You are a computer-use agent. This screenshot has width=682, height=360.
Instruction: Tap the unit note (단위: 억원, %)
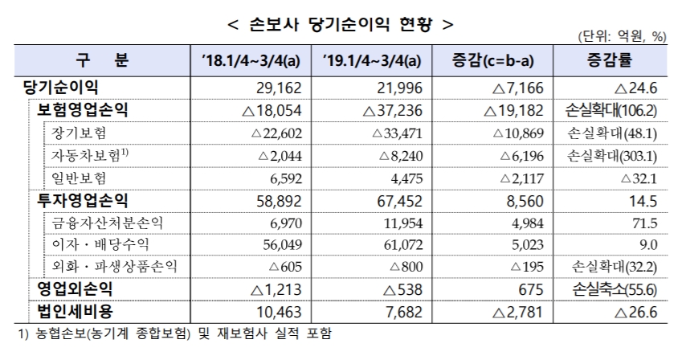pyautogui.click(x=623, y=37)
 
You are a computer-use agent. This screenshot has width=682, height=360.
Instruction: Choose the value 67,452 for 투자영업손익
pyautogui.click(x=397, y=199)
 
